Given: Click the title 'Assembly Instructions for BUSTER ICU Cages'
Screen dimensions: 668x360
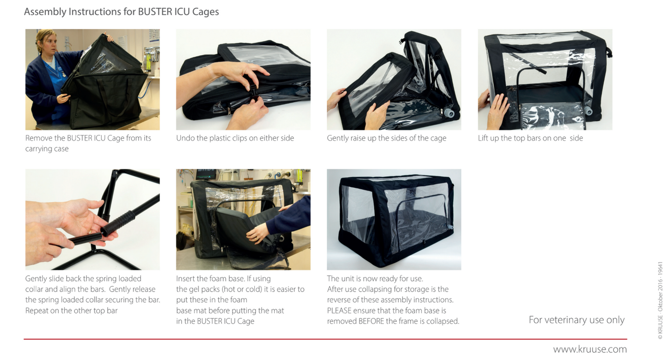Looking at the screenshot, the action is pyautogui.click(x=122, y=12).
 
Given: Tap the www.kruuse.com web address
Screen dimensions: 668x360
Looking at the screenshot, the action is pyautogui.click(x=590, y=349).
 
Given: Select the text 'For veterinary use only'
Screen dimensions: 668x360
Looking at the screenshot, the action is pyautogui.click(x=576, y=320).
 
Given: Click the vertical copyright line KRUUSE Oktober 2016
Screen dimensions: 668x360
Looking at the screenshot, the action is pyautogui.click(x=660, y=300).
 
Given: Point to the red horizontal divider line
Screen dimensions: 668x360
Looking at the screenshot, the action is pyautogui.click(x=325, y=339).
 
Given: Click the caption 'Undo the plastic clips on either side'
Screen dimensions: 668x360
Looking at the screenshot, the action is pyautogui.click(x=235, y=138).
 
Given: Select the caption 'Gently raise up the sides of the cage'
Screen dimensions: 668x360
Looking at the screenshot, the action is pyautogui.click(x=386, y=138).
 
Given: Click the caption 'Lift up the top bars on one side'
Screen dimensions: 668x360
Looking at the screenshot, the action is pyautogui.click(x=530, y=138).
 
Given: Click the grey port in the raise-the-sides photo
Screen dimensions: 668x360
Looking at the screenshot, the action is pyautogui.click(x=448, y=113).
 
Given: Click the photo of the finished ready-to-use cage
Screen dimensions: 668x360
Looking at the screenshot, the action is pyautogui.click(x=394, y=220).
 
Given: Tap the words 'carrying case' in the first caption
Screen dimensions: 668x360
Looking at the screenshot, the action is pyautogui.click(x=47, y=149).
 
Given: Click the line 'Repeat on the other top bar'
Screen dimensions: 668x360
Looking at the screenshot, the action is pyautogui.click(x=71, y=311).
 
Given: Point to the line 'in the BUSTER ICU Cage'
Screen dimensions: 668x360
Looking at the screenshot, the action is pyautogui.click(x=215, y=321).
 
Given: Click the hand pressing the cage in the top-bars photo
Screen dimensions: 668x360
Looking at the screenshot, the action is pyautogui.click(x=497, y=110).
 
